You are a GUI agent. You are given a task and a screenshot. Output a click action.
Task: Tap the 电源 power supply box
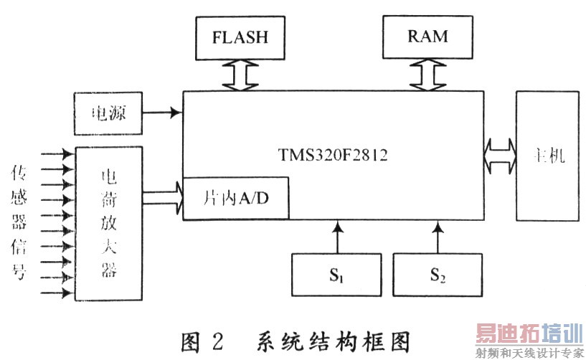click(108, 114)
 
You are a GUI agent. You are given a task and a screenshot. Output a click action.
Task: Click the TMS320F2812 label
click(333, 155)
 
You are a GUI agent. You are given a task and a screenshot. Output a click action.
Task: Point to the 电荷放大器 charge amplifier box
click(109, 224)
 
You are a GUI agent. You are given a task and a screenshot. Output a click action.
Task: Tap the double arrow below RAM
click(427, 74)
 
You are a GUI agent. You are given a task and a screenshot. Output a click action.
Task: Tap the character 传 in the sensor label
click(18, 173)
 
